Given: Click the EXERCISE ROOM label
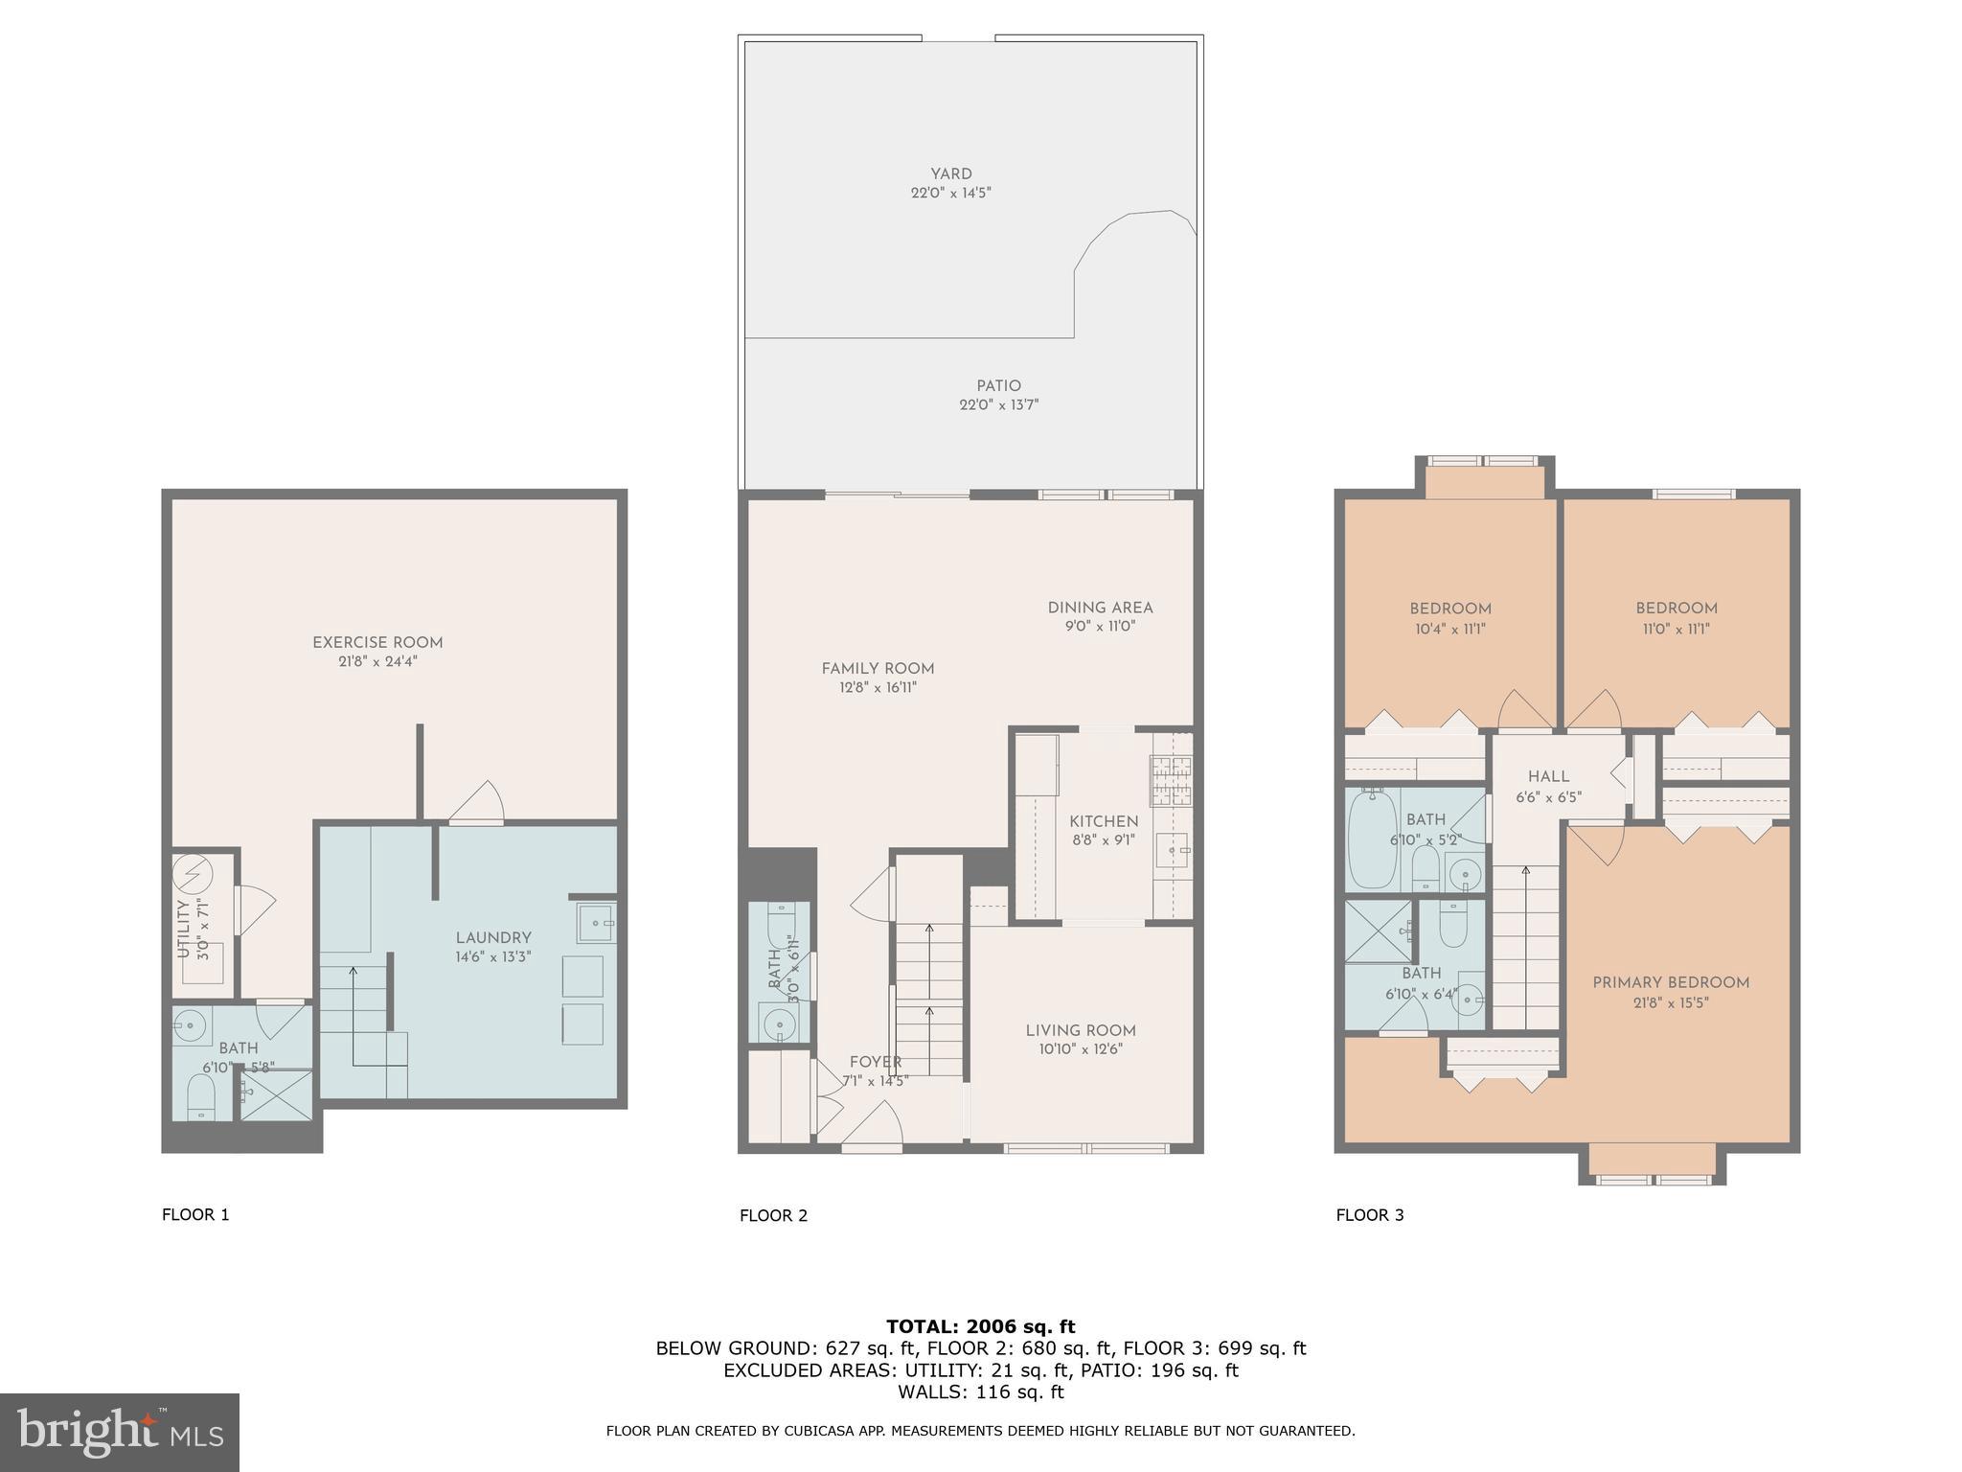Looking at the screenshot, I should (x=377, y=643).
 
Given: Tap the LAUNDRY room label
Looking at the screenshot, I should (x=493, y=938).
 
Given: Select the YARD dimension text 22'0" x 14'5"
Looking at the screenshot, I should (x=950, y=193).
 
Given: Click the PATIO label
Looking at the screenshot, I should (x=998, y=386).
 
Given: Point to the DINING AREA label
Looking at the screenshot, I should (x=1100, y=608).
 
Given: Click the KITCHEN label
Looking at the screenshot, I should (x=1104, y=821).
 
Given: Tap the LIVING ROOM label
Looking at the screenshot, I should (x=1081, y=1030).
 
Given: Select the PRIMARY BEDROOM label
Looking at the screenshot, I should (x=1670, y=982).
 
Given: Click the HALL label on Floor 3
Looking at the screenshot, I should (x=1548, y=777).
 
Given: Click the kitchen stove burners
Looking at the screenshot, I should (x=1170, y=779).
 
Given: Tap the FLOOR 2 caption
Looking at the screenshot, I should (x=773, y=1215).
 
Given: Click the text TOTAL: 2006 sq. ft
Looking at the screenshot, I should (x=980, y=1326).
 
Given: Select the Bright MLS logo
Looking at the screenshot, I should (x=120, y=1432).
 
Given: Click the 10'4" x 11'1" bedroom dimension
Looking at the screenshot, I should (x=1449, y=629).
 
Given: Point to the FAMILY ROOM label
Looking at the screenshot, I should (x=878, y=669).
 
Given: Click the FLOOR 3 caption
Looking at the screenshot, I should (x=1369, y=1215).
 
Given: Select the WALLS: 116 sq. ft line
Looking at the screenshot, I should (x=980, y=1391).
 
